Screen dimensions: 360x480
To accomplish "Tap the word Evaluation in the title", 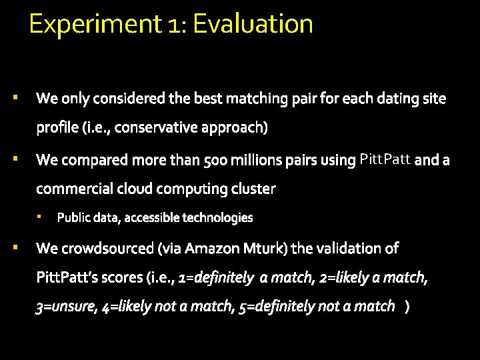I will coord(253,25).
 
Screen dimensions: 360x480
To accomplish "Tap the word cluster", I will coord(253,189).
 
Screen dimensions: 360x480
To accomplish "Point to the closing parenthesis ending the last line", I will coord(407,307).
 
